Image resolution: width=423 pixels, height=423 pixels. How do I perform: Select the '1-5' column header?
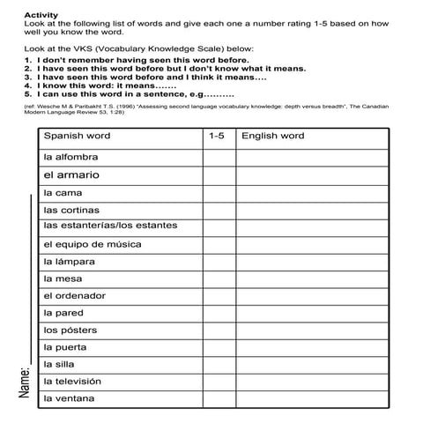point(217,137)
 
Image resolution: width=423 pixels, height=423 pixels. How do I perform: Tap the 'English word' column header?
point(272,137)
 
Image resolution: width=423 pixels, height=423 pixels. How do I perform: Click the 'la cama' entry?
point(63,192)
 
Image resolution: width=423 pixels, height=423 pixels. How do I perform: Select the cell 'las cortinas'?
point(71,210)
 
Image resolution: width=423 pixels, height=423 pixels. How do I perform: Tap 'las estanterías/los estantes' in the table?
point(110,226)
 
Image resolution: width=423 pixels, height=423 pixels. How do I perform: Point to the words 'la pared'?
point(63,313)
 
